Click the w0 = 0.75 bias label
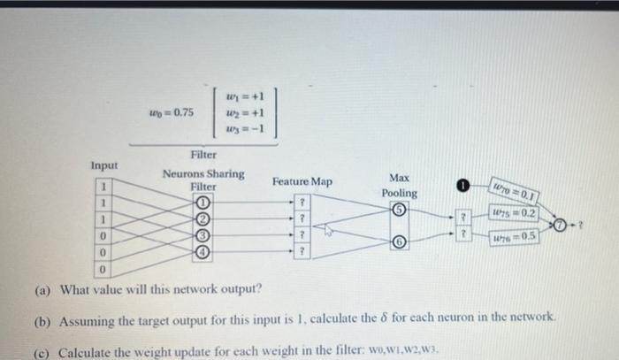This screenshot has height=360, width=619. [172, 112]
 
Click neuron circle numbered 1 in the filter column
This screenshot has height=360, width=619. [203, 200]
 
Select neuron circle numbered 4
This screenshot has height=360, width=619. [203, 250]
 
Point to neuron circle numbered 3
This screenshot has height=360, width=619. [203, 234]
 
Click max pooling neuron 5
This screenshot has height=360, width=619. [399, 211]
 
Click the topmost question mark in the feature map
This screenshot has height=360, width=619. [302, 201]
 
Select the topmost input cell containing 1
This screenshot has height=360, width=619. [103, 187]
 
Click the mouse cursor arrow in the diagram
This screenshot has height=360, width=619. [326, 231]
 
